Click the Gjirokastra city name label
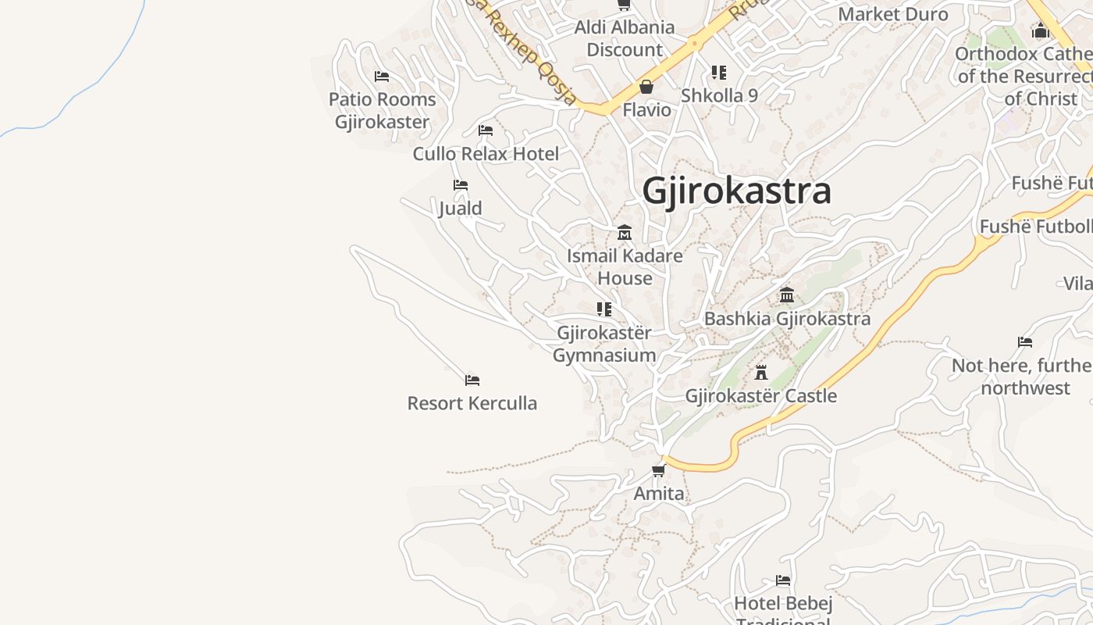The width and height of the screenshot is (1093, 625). click(736, 191)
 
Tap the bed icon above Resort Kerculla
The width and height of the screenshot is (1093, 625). click(472, 380)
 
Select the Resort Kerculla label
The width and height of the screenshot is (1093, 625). click(472, 403)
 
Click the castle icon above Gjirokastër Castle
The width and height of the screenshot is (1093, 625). click(761, 373)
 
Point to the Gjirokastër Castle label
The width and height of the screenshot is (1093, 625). click(761, 395)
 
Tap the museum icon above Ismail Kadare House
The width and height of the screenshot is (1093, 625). click(625, 233)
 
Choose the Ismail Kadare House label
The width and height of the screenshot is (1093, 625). click(625, 266)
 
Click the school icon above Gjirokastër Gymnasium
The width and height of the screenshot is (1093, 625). click(603, 309)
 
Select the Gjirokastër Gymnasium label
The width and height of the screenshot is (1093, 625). click(604, 344)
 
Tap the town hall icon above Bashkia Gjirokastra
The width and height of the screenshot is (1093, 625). click(787, 295)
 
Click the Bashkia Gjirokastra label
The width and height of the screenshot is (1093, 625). click(787, 319)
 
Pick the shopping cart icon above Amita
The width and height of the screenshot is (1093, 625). click(659, 470)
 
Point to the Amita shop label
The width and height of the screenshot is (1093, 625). click(659, 493)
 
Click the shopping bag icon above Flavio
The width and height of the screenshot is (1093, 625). click(646, 87)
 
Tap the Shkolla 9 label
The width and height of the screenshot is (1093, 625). click(719, 95)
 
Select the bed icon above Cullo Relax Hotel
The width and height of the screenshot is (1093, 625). click(486, 130)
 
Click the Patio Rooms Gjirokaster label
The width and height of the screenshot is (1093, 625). click(383, 110)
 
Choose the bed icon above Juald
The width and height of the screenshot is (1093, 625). click(461, 185)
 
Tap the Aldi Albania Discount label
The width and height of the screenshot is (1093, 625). click(625, 38)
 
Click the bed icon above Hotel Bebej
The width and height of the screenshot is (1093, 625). click(783, 580)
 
